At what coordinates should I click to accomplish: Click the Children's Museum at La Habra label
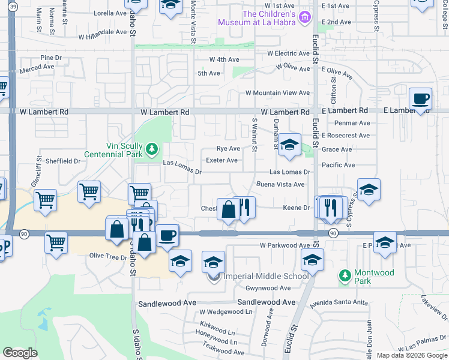pyautogui.click(x=267, y=18)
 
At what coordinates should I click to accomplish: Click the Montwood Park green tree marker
pyautogui.click(x=345, y=275)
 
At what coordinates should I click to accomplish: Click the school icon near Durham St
pyautogui.click(x=289, y=145)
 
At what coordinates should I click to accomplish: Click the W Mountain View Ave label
pyautogui.click(x=277, y=93)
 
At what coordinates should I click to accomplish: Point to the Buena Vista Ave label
pyautogui.click(x=281, y=184)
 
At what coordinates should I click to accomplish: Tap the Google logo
pyautogui.click(x=20, y=353)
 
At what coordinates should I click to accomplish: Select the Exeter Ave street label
pyautogui.click(x=221, y=160)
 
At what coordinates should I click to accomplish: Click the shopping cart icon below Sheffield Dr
pyautogui.click(x=89, y=192)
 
